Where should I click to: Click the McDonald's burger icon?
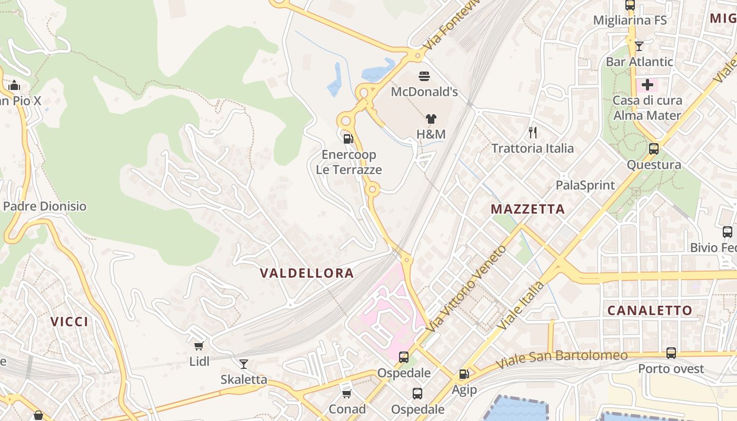pyautogui.click(x=424, y=76)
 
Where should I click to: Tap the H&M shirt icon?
pyautogui.click(x=431, y=119)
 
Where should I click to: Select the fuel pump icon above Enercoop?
pyautogui.click(x=347, y=139)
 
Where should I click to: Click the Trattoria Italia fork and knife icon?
pyautogui.click(x=533, y=132)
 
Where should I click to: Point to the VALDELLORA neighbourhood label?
pyautogui.click(x=307, y=273)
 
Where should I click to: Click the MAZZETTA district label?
pyautogui.click(x=527, y=209)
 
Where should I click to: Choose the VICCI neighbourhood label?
pyautogui.click(x=69, y=322)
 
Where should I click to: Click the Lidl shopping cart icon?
pyautogui.click(x=198, y=346)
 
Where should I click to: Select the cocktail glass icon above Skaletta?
pyautogui.click(x=243, y=364)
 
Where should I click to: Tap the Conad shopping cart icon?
pyautogui.click(x=346, y=394)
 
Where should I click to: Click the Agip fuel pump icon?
pyautogui.click(x=464, y=374)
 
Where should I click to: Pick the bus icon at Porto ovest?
pyautogui.click(x=671, y=353)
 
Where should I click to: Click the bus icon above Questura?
pyautogui.click(x=653, y=149)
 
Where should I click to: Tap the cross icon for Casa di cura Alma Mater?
pyautogui.click(x=647, y=84)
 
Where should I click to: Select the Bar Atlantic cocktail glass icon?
pyautogui.click(x=639, y=46)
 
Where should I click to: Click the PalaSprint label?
pyautogui.click(x=585, y=185)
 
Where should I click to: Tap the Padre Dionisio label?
pyautogui.click(x=45, y=206)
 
